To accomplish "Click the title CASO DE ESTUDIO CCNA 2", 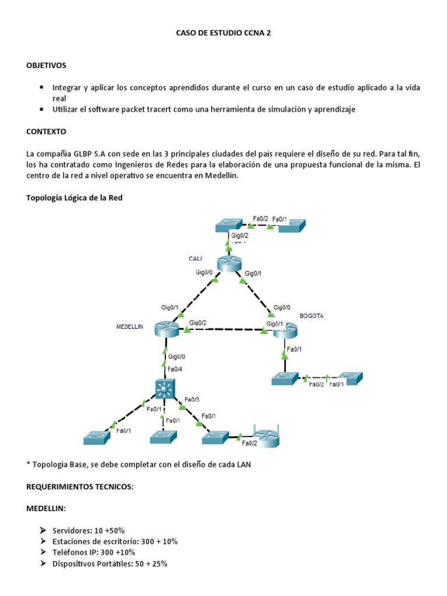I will point(223,34).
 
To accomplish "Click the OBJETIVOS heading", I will point(47,65).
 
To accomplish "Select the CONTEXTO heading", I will point(46,132).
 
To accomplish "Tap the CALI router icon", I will point(228,264).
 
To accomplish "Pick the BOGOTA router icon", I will point(285,331).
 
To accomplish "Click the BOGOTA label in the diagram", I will point(311,315).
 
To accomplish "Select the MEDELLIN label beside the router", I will point(129,327).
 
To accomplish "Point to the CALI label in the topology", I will point(195,258).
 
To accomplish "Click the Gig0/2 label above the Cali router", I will point(240,236).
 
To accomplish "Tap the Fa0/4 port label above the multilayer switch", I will point(174,369).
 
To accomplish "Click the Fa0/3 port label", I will point(191,399).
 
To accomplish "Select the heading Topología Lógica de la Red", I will point(74,198).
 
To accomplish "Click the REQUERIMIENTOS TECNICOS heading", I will point(80,487).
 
